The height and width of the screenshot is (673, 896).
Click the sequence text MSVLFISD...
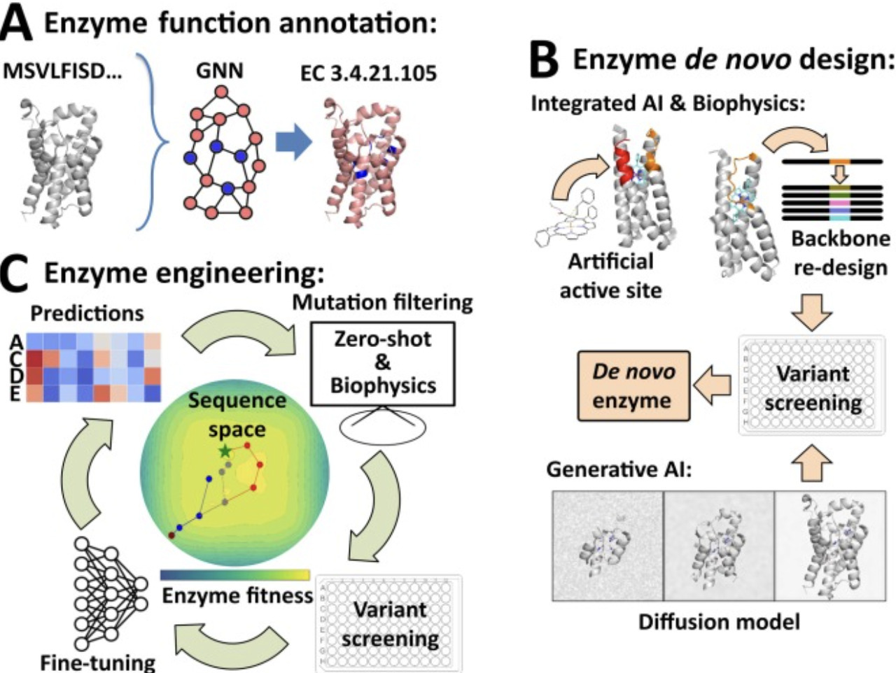pos(63,72)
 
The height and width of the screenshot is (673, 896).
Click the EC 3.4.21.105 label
pos(368,73)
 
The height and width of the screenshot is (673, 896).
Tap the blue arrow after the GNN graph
pos(293,144)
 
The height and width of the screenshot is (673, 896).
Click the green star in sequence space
pos(225,451)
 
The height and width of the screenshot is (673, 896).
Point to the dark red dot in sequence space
pos(171,535)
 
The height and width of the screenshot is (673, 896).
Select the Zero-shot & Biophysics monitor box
pos(383,364)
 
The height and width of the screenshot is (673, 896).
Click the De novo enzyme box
pos(633,386)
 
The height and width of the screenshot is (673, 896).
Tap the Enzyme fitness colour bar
pos(234,575)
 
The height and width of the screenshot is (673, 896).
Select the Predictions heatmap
pos(94,367)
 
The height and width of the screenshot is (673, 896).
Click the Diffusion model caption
pos(719,621)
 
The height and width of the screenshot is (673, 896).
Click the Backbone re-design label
pos(839,253)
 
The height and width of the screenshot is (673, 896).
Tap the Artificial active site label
pos(610,276)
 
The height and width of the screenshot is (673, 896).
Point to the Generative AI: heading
pos(619,469)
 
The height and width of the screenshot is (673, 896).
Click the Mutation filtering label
pos(382,303)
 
